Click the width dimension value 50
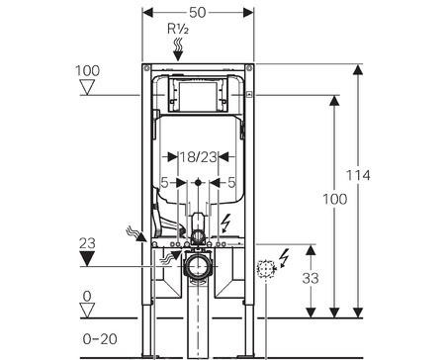198,13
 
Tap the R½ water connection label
178,29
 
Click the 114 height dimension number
358,175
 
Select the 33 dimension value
311,278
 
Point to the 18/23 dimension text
198,157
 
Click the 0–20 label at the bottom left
100,339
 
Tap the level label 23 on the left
87,243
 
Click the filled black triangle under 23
87,258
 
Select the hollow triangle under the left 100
87,88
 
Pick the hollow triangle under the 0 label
87,311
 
